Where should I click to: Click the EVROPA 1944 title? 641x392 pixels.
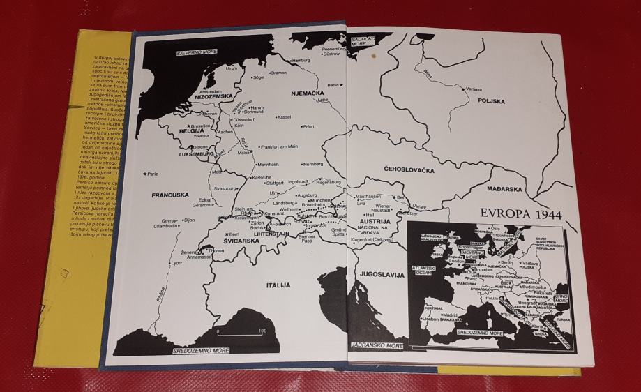(525, 214)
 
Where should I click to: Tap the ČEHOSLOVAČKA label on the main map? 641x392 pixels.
(409, 170)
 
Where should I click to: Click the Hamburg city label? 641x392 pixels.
(301, 61)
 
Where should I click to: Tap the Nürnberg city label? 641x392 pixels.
(313, 164)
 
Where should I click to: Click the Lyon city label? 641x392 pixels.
(176, 263)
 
